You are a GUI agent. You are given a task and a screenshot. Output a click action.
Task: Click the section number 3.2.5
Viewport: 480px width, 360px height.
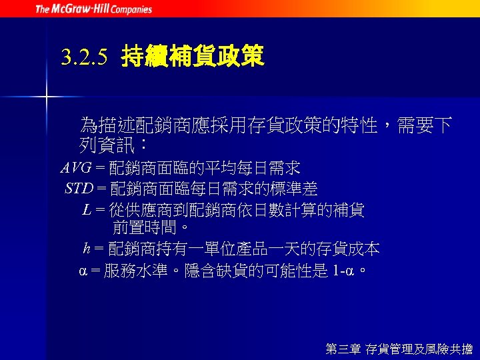pos(83,58)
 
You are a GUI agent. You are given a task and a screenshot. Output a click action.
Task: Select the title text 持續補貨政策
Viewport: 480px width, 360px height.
pos(193,57)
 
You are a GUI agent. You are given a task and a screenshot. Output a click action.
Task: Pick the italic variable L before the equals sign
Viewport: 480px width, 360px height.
pos(87,210)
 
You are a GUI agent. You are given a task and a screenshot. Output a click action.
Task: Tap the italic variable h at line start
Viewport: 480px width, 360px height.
pos(87,249)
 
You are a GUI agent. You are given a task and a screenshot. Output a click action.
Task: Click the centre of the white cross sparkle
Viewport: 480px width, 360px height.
pos(47,98)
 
